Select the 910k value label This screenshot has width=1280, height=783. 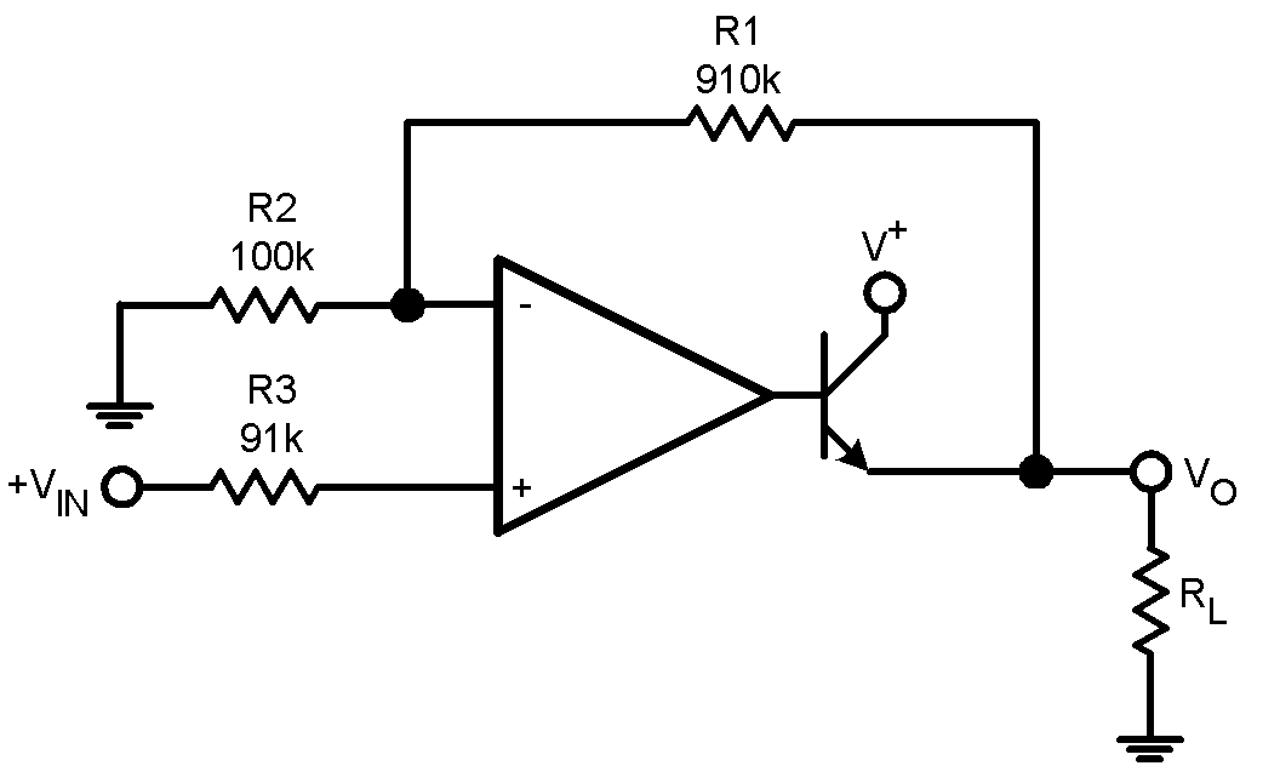click(738, 79)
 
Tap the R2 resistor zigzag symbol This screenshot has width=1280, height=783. click(264, 304)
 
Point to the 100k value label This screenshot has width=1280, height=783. click(272, 256)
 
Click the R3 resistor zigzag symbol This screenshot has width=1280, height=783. click(264, 487)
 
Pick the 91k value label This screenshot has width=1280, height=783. click(271, 438)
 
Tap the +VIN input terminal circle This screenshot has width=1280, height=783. click(122, 486)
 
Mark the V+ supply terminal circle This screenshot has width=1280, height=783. click(885, 293)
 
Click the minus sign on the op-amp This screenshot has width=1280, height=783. click(525, 306)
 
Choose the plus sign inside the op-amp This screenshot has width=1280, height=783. click(522, 487)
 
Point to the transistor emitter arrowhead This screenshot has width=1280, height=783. click(855, 458)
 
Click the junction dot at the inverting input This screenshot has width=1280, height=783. click(407, 305)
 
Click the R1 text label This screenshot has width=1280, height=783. click(736, 32)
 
